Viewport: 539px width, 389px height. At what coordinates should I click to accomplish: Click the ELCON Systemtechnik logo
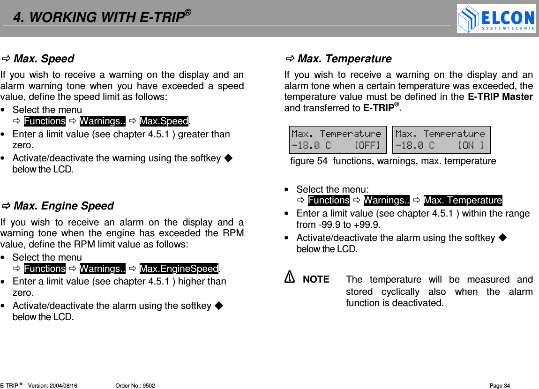(x=496, y=19)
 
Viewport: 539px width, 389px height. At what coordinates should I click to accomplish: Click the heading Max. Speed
(x=44, y=59)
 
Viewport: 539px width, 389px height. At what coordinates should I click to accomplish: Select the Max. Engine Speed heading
(x=63, y=206)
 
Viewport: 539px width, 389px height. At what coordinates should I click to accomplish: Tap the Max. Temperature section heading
(x=344, y=59)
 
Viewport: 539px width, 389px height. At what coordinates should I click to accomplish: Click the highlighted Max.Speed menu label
(x=164, y=121)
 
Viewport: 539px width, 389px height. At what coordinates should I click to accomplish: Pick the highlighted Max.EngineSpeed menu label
(x=179, y=269)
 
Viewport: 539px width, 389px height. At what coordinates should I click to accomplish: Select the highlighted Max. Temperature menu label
(x=463, y=201)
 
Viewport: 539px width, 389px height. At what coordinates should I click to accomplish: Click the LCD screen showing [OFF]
(x=337, y=140)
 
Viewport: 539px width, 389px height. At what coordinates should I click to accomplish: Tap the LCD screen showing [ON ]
(x=441, y=140)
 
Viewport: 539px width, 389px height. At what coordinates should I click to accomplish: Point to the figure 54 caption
(x=393, y=161)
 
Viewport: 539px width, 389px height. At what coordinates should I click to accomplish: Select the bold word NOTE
(x=316, y=280)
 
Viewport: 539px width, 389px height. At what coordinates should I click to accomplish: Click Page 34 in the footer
(x=499, y=386)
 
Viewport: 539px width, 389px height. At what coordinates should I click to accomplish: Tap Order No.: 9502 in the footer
(x=135, y=386)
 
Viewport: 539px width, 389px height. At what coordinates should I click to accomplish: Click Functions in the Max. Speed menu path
(x=45, y=121)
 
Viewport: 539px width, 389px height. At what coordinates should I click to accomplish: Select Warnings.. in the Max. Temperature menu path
(x=386, y=201)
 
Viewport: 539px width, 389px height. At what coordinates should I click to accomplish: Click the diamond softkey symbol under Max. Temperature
(x=502, y=238)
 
